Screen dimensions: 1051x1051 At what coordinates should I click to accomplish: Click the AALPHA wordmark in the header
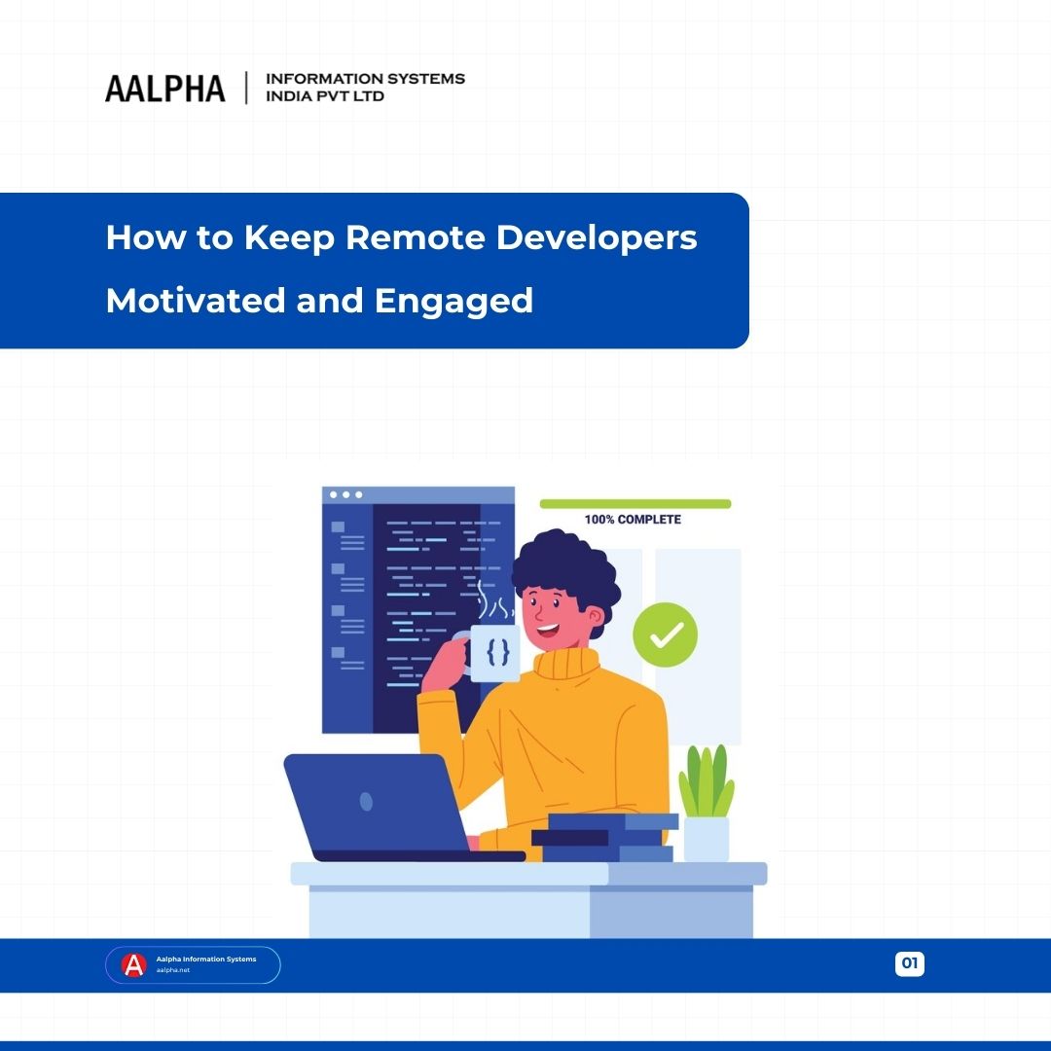coord(164,89)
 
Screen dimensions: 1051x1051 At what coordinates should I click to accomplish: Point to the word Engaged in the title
coord(453,302)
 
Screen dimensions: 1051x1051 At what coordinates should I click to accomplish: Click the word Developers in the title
coord(597,238)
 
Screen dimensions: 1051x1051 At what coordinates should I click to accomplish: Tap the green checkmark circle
coord(666,634)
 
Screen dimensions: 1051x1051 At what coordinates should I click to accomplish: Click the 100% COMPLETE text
coord(633,520)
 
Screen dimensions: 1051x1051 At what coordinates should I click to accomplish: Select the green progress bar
coord(634,504)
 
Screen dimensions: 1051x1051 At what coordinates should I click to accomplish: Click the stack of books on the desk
coord(604,838)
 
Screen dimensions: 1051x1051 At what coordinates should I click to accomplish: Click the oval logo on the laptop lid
coord(366,802)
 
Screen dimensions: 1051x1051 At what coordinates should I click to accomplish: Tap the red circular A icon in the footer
coord(133,964)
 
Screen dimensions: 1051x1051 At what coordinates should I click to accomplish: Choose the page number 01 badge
coord(910,963)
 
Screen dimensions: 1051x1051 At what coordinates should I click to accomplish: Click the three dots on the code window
coord(345,495)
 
